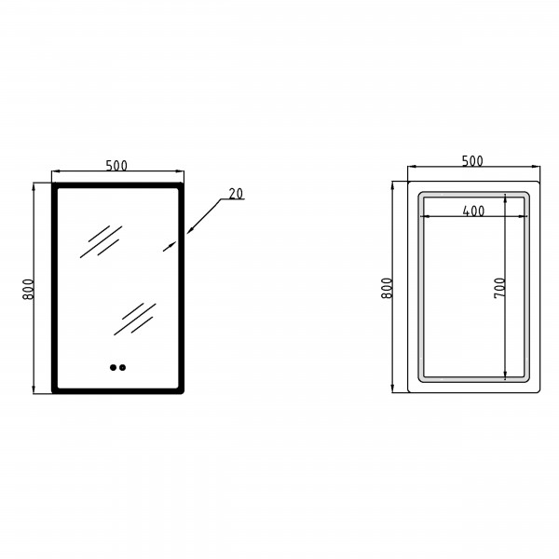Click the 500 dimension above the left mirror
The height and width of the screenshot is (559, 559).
point(116,166)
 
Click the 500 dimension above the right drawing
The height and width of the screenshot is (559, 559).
point(472,161)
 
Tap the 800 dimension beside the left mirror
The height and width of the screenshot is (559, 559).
point(28,289)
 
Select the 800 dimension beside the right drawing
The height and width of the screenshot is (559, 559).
point(387,288)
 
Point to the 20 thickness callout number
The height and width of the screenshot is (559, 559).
point(236,194)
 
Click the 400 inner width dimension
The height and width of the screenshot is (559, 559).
point(473,211)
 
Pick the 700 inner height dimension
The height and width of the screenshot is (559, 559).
point(499,288)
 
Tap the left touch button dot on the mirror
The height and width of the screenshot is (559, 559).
point(113,368)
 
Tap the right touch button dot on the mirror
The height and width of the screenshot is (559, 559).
point(123,368)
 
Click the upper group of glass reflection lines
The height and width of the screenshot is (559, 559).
point(102,241)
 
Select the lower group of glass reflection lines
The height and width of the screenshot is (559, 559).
point(135,319)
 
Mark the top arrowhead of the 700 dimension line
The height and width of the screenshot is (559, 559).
point(505,198)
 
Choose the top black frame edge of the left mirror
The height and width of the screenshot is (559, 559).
point(117,185)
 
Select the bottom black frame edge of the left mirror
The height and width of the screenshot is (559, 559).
point(117,391)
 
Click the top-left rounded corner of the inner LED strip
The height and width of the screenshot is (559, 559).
point(421,196)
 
